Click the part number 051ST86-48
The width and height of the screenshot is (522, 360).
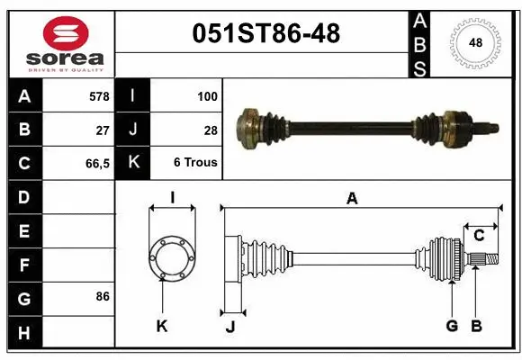click(267, 33)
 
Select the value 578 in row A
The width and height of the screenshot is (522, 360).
click(99, 95)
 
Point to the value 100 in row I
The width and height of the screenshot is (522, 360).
click(206, 95)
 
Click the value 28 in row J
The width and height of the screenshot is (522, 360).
click(210, 130)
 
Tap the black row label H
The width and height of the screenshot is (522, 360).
click(24, 334)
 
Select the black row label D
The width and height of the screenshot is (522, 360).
click(24, 197)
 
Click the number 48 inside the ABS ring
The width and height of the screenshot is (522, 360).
click(473, 43)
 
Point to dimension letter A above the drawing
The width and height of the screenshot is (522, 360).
click(352, 199)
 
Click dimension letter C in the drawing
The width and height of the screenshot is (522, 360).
click(479, 236)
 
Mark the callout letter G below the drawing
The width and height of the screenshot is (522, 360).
click(452, 326)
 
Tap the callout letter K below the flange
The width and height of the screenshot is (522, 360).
click(162, 326)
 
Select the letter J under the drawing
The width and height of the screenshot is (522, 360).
click(230, 326)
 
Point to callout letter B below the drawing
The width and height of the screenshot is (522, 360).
click(477, 326)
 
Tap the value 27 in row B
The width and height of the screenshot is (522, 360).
click(103, 130)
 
